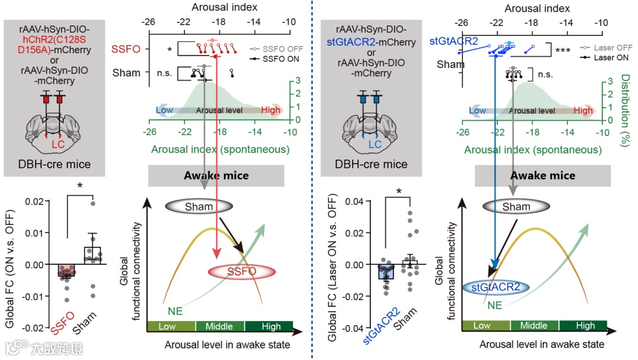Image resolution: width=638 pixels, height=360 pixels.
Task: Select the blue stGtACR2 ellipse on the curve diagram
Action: (x=496, y=287)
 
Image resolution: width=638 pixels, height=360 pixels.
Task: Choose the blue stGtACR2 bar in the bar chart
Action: (x=385, y=273)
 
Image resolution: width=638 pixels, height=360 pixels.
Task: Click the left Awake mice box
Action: (x=216, y=175)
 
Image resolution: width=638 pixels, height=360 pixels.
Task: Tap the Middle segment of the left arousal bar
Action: (x=219, y=326)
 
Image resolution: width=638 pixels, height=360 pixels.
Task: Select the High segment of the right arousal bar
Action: (x=585, y=326)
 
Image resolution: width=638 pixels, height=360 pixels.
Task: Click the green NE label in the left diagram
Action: (x=176, y=310)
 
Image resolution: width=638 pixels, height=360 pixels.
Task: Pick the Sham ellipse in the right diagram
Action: (x=516, y=207)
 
